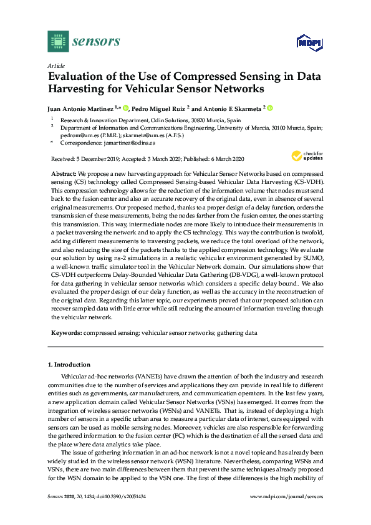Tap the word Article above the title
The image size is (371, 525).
point(55,65)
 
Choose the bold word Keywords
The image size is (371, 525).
point(65,334)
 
